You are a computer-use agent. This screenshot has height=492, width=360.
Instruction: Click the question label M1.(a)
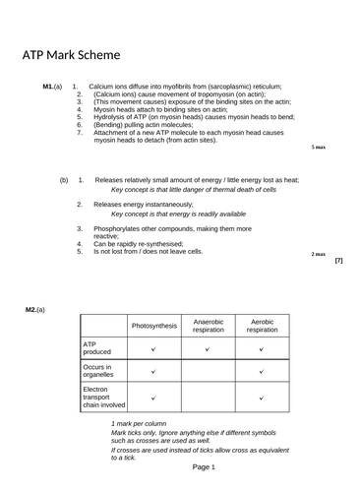point(53,88)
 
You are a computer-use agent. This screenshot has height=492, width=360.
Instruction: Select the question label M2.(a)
point(35,310)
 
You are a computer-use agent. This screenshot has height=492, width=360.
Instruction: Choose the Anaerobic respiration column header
point(209,325)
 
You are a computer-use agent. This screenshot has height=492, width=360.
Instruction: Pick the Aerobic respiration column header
point(262,325)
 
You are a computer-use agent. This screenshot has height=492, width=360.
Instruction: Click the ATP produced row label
point(97,347)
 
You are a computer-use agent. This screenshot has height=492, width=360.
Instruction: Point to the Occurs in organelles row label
point(100,370)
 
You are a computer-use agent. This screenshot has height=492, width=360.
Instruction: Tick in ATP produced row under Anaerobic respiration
point(209,348)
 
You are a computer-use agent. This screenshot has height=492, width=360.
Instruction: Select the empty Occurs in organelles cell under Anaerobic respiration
point(209,371)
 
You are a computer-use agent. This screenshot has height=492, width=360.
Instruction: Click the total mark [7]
point(338,261)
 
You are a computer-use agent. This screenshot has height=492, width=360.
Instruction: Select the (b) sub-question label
point(64,180)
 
